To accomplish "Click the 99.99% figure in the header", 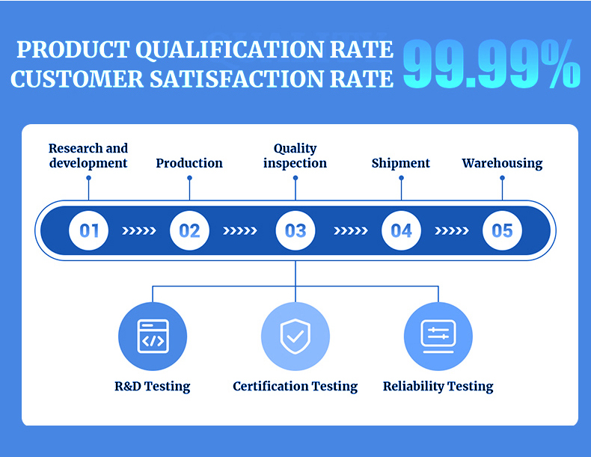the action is [492, 64].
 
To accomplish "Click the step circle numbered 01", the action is [88, 230].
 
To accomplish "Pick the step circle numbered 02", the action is [189, 230].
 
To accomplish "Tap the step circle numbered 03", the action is [295, 230].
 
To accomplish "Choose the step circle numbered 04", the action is [402, 230].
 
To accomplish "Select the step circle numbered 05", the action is [503, 230].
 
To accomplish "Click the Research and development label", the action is [88, 156].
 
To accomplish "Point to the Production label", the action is [189, 163].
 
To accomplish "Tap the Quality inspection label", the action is [295, 156].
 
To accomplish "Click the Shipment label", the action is [401, 163].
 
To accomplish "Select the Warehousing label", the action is [503, 164].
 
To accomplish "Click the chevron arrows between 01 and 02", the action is [139, 230].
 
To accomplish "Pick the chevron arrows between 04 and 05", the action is [452, 230].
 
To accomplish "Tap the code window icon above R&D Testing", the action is [153, 337].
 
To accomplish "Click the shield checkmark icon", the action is [295, 337].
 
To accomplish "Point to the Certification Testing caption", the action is [295, 387].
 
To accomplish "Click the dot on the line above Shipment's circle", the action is [402, 178].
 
